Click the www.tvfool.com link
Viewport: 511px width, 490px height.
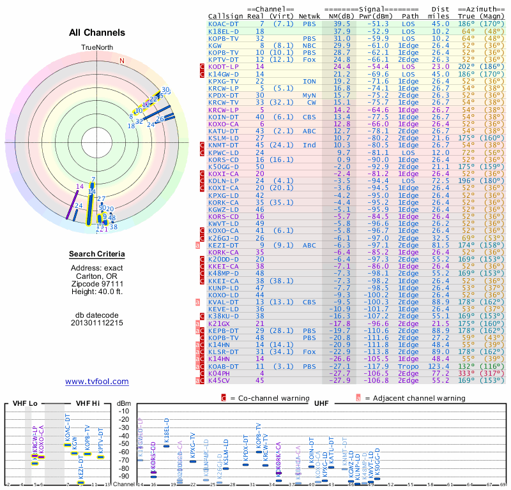(x=97, y=382)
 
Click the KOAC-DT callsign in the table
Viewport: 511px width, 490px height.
(x=224, y=23)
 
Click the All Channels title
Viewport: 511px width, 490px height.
(x=97, y=33)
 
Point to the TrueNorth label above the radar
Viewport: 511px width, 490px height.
(x=96, y=48)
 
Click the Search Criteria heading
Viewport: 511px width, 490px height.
(x=97, y=255)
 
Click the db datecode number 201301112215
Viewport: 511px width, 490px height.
(x=97, y=322)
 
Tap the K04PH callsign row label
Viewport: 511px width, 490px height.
(x=221, y=374)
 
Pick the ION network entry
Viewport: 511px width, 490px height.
(x=309, y=82)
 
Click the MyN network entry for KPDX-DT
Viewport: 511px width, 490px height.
(x=309, y=96)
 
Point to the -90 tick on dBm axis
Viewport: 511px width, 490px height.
(x=124, y=476)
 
